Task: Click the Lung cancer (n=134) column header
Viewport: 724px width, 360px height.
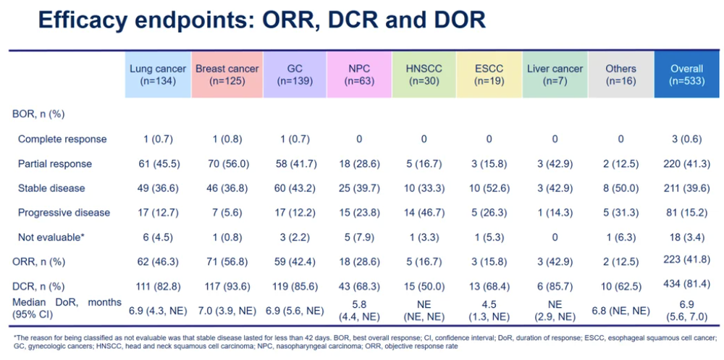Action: (x=158, y=75)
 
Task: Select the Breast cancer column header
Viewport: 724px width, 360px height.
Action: (x=227, y=75)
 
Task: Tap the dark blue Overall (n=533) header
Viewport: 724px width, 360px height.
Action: (x=686, y=75)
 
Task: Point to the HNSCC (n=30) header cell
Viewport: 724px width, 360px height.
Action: (x=424, y=75)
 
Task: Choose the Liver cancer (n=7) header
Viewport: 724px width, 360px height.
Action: (x=555, y=75)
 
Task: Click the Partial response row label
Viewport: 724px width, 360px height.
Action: (x=55, y=164)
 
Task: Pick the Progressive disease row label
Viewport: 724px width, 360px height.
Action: (x=64, y=212)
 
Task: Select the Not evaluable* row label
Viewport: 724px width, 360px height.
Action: (x=51, y=237)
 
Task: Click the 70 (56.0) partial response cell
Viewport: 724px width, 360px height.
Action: (x=227, y=164)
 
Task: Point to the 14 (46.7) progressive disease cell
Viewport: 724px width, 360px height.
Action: (x=424, y=212)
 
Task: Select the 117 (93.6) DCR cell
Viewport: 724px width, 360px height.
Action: (x=227, y=286)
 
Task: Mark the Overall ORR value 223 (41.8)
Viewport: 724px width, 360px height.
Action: (x=686, y=261)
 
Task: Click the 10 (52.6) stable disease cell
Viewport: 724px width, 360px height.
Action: (x=489, y=188)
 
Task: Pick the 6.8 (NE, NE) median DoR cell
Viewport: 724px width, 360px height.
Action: (x=620, y=311)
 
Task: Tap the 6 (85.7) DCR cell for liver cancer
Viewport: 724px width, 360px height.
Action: (x=555, y=286)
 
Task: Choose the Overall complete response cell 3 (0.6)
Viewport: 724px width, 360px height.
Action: (x=686, y=139)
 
